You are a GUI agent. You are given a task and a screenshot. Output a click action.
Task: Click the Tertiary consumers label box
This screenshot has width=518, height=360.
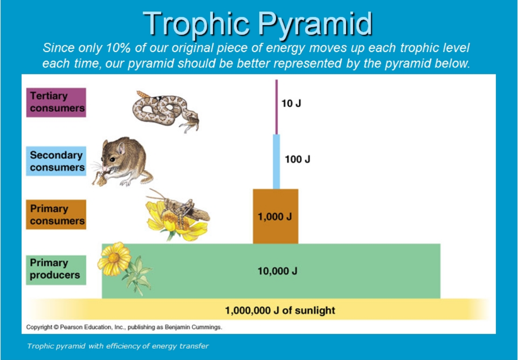tap(56, 102)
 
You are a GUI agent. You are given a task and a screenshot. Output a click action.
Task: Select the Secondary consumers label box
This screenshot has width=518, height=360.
tap(56, 161)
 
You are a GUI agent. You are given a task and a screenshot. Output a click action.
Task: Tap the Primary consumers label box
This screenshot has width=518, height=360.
tap(56, 215)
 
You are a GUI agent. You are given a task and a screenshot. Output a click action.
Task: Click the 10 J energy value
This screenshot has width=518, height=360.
tap(291, 104)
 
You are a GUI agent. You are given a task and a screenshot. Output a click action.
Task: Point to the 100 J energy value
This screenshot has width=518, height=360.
tap(297, 160)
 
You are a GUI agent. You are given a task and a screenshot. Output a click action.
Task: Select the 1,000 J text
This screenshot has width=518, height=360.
tap(275, 217)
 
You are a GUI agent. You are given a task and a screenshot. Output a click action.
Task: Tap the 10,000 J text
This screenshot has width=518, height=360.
tap(277, 271)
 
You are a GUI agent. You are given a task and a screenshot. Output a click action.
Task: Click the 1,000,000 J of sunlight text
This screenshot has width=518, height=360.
tap(280, 311)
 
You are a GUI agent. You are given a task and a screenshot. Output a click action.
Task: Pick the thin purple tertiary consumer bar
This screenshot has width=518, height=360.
tap(276, 107)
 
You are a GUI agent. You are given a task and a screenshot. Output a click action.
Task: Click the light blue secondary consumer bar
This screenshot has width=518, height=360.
tap(276, 162)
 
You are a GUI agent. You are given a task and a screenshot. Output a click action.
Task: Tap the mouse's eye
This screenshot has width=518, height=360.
tap(113, 160)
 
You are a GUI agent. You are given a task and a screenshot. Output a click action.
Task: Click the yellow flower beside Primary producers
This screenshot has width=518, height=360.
tap(114, 259)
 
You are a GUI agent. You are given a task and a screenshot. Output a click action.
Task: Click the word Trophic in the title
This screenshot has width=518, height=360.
tap(196, 24)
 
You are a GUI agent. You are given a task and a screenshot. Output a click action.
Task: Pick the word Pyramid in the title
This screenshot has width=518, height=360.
tap(315, 24)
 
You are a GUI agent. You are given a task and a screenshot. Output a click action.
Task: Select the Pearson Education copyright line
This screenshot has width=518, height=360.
tap(124, 327)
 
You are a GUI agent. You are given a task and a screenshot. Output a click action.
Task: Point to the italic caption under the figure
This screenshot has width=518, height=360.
tap(118, 346)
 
